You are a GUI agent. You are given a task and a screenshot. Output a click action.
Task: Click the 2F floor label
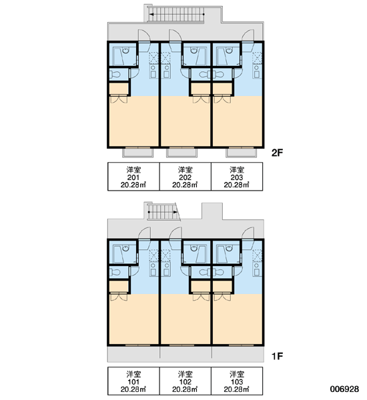(277, 153)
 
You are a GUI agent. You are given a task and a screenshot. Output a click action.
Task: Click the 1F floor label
(277, 356)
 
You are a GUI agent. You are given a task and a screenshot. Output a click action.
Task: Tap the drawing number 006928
(344, 389)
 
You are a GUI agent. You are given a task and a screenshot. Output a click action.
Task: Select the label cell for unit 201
(133, 177)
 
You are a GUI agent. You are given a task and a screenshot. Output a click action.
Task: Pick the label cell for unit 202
(186, 177)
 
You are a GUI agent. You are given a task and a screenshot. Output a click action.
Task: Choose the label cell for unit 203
(237, 177)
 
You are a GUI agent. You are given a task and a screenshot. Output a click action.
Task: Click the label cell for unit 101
(133, 381)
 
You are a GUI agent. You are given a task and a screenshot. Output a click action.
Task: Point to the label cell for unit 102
(186, 381)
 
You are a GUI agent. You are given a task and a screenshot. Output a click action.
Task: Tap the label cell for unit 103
(237, 381)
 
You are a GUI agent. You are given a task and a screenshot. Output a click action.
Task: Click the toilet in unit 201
(115, 75)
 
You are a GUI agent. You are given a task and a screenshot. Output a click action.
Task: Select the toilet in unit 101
(115, 273)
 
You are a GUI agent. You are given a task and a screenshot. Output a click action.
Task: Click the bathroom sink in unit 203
(229, 51)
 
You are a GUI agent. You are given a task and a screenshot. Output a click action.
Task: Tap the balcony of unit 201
(138, 153)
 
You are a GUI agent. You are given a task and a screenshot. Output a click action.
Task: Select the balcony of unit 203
(241, 153)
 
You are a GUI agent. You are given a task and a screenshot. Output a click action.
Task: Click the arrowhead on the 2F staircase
(151, 14)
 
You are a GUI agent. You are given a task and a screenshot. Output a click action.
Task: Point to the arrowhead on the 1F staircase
(175, 212)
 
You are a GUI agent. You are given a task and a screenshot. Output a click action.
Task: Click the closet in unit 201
(119, 89)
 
